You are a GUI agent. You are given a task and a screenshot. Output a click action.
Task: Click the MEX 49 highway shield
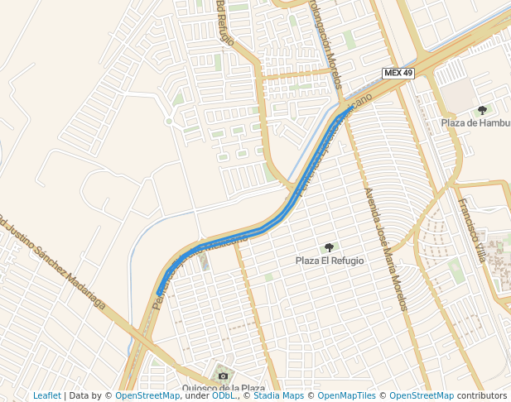coord(398,73)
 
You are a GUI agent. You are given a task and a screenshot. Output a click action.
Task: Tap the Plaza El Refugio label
coord(330,261)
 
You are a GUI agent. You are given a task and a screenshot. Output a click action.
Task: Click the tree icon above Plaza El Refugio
coord(330,247)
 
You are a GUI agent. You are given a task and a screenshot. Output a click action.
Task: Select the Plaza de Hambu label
coord(475,123)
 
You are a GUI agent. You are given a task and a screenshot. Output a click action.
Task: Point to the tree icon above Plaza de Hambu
coord(482,110)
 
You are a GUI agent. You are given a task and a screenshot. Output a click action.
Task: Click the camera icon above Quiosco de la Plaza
coord(223,376)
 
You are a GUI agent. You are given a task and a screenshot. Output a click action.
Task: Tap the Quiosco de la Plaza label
coord(224,388)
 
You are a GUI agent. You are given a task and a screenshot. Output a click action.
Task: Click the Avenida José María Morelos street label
coord(386,249)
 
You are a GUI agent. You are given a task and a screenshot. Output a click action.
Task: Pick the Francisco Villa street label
coord(473,231)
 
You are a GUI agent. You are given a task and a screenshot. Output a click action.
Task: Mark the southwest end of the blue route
coord(159,292)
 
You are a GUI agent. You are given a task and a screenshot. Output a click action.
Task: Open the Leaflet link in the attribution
coord(47,396)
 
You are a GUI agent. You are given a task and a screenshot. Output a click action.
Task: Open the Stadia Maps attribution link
coord(278,396)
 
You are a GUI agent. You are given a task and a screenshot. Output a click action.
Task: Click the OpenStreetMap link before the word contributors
coord(422,396)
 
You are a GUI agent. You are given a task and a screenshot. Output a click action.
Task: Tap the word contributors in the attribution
coord(481,396)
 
